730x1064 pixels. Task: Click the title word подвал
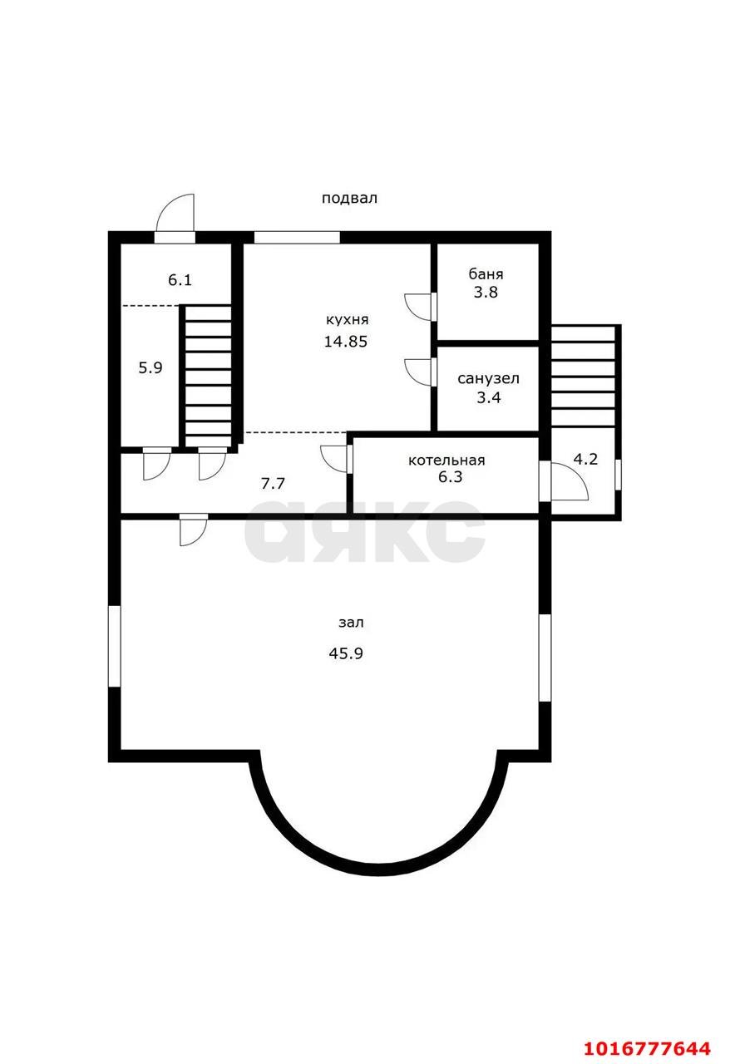[349, 198]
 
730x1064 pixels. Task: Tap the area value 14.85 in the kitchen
[346, 342]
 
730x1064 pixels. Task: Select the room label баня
[486, 274]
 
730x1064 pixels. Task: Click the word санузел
[488, 378]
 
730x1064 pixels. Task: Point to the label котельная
[446, 461]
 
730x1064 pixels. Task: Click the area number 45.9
[346, 653]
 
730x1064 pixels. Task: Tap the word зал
[351, 623]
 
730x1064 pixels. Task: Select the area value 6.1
[180, 280]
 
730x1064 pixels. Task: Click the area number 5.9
[150, 367]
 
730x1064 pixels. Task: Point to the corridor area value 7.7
[273, 483]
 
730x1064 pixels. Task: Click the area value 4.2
[585, 459]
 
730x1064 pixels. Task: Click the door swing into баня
[419, 307]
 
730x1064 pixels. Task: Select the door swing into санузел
[419, 372]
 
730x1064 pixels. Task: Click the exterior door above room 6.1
[175, 218]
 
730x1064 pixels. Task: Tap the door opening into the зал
[194, 530]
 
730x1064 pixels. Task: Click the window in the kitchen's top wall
[297, 238]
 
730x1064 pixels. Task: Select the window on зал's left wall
[115, 646]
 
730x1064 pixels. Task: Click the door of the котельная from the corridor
[336, 459]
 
